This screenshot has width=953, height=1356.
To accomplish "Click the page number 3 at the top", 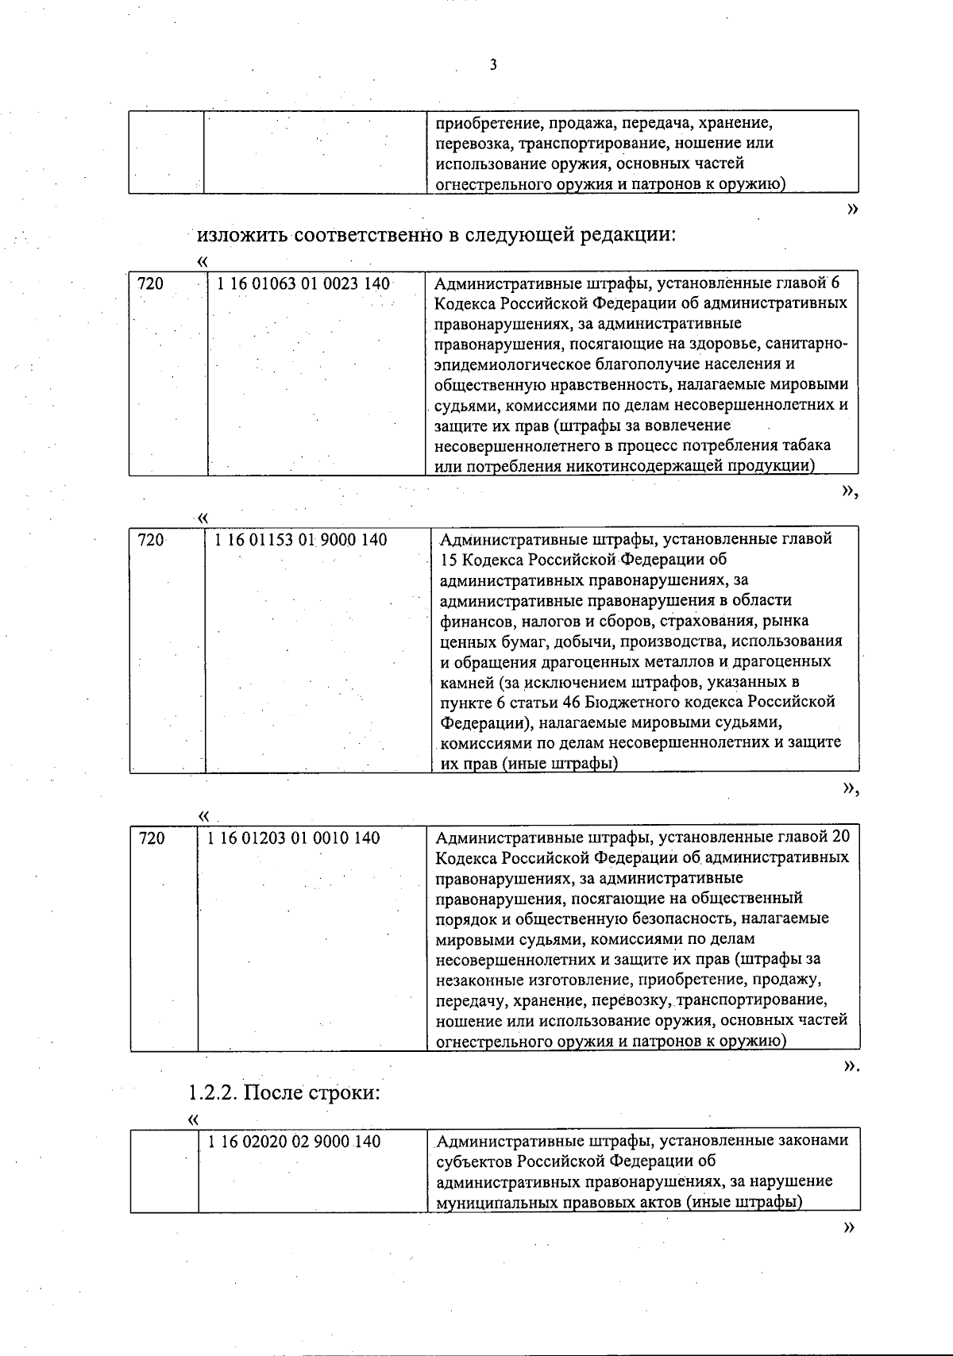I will pos(493,65).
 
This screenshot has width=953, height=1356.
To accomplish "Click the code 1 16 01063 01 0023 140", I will pos(303,283).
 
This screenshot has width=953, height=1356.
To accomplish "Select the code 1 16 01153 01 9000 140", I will pos(301,540).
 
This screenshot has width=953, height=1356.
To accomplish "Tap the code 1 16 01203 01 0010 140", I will pos(294,838).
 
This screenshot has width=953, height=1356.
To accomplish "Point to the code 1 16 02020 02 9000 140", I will pos(294,1142).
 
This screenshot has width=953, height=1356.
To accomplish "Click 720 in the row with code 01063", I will pos(150,283).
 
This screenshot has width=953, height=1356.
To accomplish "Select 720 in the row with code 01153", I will pos(151,540).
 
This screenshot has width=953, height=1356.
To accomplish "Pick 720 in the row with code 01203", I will pos(152,838).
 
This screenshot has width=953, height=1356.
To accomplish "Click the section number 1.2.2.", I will pos(212,1092).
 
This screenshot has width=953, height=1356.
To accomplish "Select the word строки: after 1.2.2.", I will pos(345,1092).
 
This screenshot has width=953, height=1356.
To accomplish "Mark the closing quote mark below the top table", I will pos(852,209).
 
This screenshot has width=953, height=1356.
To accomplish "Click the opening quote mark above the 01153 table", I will pos(203,518).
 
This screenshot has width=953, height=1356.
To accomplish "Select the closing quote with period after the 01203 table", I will pos(851,1067).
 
